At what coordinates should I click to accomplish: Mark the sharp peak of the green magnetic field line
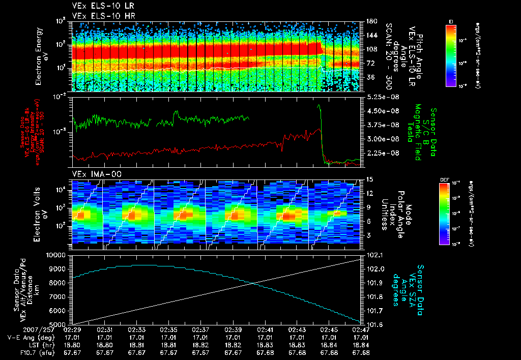pos(319,105)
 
